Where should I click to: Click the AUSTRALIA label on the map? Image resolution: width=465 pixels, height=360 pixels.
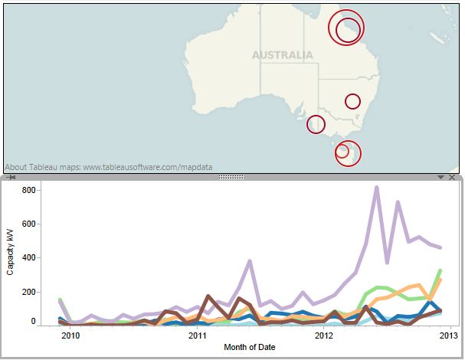(282, 55)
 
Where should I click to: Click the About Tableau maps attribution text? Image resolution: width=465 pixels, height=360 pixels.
(109, 166)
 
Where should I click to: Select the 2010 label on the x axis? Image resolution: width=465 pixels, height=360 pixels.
(70, 335)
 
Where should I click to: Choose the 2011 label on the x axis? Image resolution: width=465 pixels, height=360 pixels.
(198, 335)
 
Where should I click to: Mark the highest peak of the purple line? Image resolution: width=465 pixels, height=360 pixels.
(377, 187)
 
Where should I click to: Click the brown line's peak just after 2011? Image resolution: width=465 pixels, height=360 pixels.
(208, 296)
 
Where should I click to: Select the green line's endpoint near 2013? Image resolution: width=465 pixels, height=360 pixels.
(440, 270)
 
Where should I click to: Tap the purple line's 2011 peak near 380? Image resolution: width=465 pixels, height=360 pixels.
(251, 261)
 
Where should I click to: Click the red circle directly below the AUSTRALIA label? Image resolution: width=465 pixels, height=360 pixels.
(316, 124)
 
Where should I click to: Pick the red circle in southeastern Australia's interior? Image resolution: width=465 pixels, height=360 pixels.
(352, 101)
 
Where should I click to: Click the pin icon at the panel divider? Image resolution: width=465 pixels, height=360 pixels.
(11, 177)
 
